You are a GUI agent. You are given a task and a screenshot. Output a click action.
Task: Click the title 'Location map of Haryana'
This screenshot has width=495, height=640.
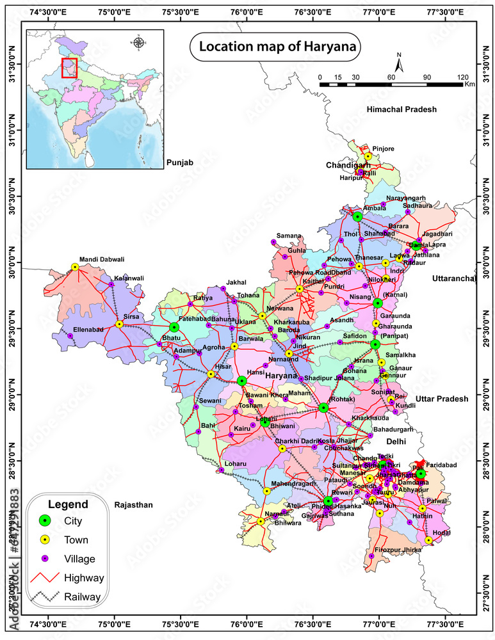tap(279, 47)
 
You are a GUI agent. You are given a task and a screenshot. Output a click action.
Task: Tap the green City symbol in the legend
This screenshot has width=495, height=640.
tap(44, 520)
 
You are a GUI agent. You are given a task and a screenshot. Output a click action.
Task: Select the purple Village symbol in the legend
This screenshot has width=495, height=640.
tap(44, 559)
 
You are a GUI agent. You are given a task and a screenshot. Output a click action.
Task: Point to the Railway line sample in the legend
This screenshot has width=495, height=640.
tap(44, 596)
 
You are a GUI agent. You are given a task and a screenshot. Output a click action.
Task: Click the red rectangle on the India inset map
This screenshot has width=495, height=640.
tap(69, 68)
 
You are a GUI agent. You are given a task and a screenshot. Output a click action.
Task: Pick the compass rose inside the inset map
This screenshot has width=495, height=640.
tap(138, 42)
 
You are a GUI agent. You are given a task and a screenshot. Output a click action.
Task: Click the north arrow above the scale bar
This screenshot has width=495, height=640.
tap(398, 65)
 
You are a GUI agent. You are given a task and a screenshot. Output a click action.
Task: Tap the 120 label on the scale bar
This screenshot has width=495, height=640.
tap(463, 77)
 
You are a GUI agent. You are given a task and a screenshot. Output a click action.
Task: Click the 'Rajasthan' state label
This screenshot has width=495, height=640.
tap(133, 505)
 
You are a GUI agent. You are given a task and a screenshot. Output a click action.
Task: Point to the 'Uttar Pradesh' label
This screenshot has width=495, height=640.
tap(441, 399)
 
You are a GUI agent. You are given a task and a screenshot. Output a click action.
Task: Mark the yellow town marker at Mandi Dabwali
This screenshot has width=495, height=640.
tap(75, 267)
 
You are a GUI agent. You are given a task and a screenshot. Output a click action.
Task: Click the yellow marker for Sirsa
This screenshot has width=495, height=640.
tap(119, 324)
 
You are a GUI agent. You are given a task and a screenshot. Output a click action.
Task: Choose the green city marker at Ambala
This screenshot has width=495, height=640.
tap(357, 217)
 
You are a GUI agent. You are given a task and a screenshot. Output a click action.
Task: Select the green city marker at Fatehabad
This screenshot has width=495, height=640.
tap(174, 327)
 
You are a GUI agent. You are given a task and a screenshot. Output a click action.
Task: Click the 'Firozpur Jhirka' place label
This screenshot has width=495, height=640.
tap(398, 550)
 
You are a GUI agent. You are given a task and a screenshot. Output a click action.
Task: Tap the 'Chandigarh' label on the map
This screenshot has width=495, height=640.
tap(346, 165)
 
